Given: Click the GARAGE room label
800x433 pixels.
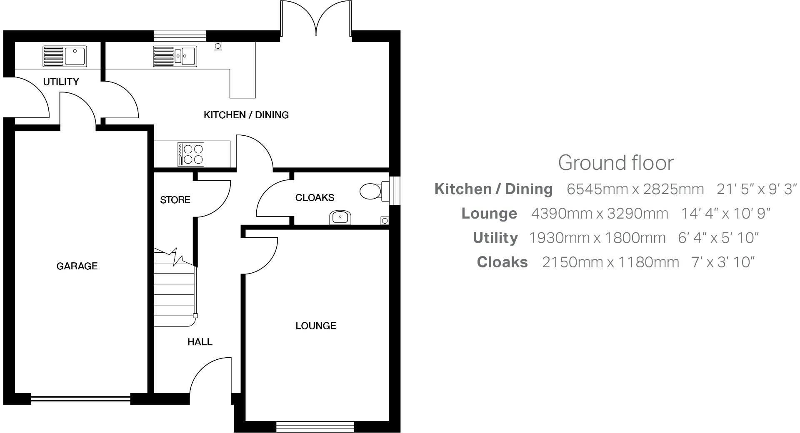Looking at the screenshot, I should pyautogui.click(x=77, y=266).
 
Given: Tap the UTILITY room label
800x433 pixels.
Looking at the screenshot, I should pyautogui.click(x=61, y=82).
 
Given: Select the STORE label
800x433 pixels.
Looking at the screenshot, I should pyautogui.click(x=175, y=200).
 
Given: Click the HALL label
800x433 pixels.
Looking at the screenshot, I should pyautogui.click(x=200, y=342).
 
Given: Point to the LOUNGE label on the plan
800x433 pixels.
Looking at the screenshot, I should pyautogui.click(x=316, y=326).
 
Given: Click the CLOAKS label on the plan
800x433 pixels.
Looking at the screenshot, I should pyautogui.click(x=315, y=197).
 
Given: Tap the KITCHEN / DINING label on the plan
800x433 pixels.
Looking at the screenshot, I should pyautogui.click(x=246, y=115).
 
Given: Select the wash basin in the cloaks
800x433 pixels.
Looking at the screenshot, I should pyautogui.click(x=340, y=217).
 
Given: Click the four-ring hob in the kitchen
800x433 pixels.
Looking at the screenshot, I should pyautogui.click(x=192, y=154).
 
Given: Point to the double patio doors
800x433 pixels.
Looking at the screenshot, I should pyautogui.click(x=316, y=19).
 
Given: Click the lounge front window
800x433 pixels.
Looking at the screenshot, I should pyautogui.click(x=315, y=426).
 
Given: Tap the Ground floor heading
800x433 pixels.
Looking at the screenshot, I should pyautogui.click(x=615, y=163).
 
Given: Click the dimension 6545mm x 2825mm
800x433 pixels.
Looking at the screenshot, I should pyautogui.click(x=635, y=189).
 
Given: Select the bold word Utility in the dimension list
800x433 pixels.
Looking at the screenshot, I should pyautogui.click(x=495, y=238).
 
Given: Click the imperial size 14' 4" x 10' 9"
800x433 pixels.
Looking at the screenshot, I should pyautogui.click(x=725, y=214).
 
